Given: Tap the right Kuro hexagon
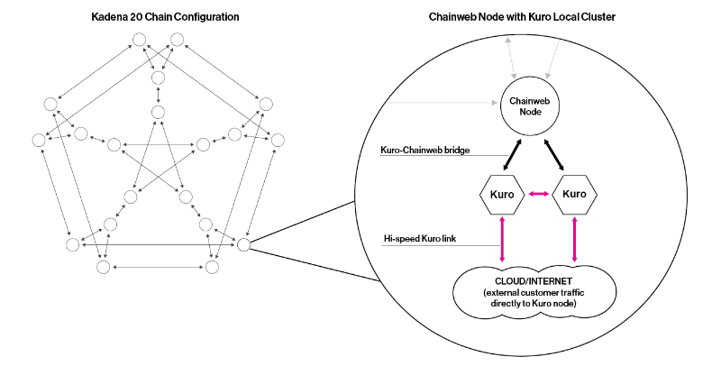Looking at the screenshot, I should point(574,195).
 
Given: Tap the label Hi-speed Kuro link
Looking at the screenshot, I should point(420,238).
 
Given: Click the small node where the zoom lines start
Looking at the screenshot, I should point(243,243).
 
